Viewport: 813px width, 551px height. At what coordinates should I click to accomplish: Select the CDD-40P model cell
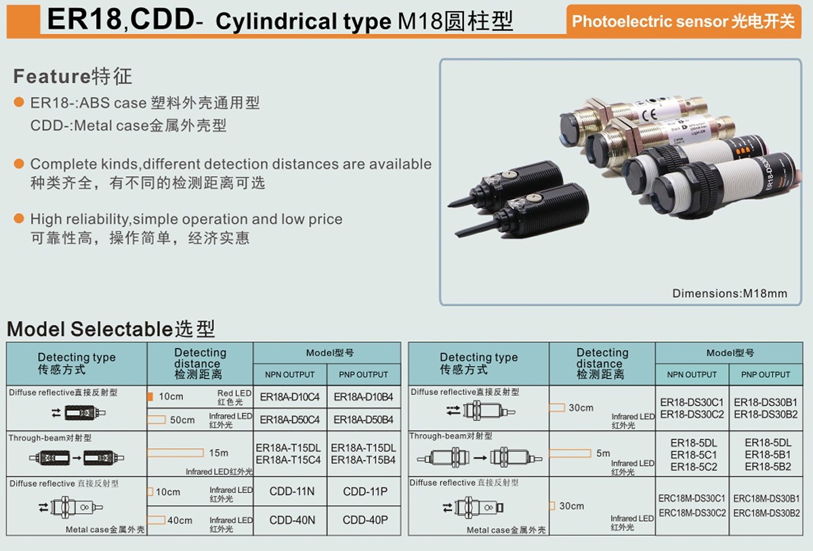365,521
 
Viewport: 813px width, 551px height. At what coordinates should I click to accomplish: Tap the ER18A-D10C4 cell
290,397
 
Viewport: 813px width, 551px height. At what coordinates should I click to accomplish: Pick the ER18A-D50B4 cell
364,420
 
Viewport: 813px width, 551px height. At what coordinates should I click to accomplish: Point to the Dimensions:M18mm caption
730,294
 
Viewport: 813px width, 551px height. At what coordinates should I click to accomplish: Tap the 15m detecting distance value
219,453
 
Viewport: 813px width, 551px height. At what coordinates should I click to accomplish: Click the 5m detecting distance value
603,454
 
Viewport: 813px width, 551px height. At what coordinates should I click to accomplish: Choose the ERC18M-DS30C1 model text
692,499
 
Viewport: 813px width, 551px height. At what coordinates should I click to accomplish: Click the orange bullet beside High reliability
20,219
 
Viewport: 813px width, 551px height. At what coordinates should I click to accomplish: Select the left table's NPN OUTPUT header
289,374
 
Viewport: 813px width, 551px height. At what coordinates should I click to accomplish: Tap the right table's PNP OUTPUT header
766,374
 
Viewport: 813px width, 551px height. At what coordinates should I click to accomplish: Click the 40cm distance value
180,521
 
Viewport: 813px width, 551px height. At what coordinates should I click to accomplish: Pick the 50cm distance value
182,420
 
